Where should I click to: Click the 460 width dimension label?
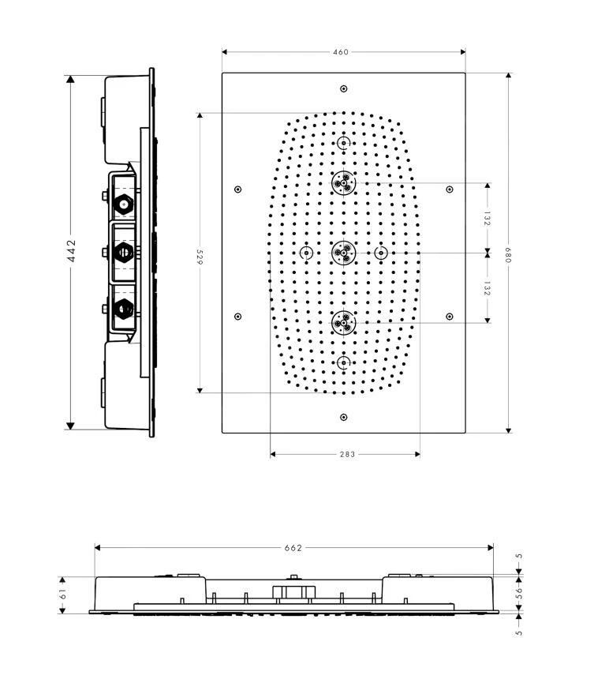341,52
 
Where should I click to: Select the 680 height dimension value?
509,253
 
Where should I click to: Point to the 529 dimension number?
200,257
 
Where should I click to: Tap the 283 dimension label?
346,454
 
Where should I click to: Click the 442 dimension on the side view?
71,252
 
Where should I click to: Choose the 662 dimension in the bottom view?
293,547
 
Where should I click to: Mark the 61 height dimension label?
64,594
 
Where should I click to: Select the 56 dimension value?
519,593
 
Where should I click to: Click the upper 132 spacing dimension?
487,218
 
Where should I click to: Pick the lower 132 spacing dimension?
487,288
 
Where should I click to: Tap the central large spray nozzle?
343,253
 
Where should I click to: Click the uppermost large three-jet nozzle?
343,183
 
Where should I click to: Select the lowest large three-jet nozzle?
343,322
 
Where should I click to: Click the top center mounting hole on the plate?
343,88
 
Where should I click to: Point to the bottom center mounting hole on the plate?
343,417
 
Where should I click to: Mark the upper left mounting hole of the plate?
237,189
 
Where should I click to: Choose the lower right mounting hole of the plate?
450,317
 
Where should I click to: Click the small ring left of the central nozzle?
306,253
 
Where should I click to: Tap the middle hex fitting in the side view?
123,253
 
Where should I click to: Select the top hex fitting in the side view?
123,204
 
